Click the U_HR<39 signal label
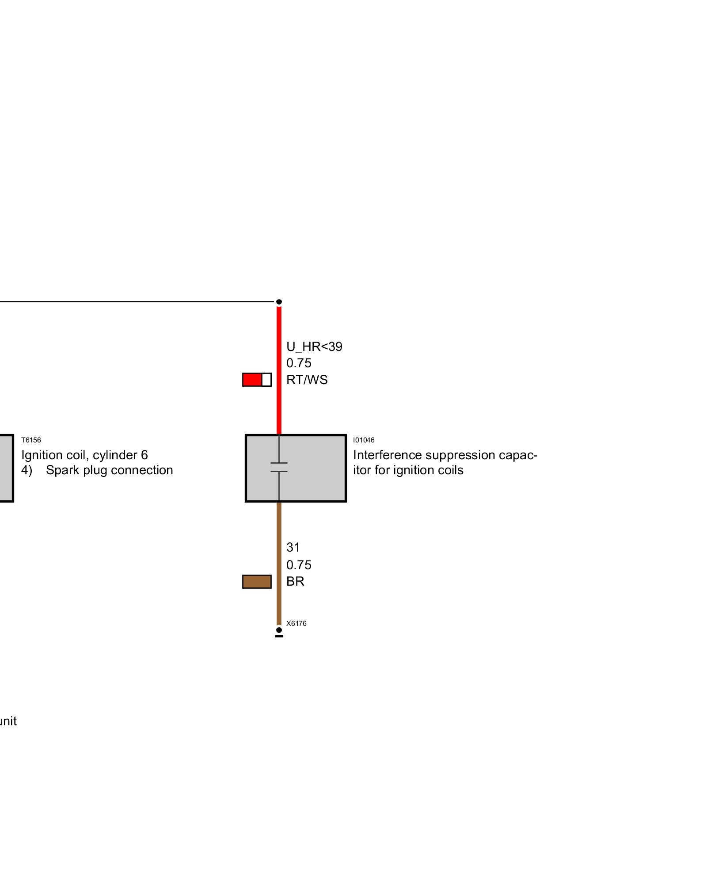coord(314,347)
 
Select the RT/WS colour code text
coord(307,380)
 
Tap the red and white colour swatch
coord(257,380)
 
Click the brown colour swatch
coord(257,582)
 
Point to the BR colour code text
coord(295,581)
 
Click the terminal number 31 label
coord(293,547)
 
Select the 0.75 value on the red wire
coord(299,363)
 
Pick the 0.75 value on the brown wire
coord(299,565)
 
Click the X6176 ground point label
coord(296,623)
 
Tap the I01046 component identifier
coord(364,440)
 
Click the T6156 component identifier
coord(31,440)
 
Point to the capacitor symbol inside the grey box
coord(279,467)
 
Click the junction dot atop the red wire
coord(279,302)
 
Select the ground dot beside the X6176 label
coord(279,630)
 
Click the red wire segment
coord(279,407)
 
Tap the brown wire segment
coord(279,530)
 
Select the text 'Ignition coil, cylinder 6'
coord(84,455)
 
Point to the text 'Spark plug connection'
coord(109,470)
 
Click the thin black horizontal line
coord(133,302)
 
